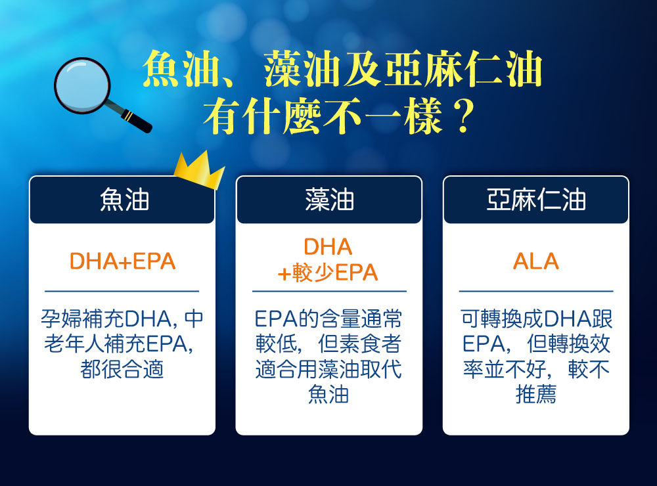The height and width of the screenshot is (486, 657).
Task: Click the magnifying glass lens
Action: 82,85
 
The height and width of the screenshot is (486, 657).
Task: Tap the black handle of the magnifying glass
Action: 136,120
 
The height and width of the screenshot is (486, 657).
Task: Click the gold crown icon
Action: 200,170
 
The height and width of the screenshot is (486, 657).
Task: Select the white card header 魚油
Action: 124,200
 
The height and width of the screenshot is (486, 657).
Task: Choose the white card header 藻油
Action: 329,200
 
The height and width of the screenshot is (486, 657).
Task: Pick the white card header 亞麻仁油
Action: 536,200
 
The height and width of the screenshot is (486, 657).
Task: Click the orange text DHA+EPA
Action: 122,261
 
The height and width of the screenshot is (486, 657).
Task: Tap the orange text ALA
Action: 536,261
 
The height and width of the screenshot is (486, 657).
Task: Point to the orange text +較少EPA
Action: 328,273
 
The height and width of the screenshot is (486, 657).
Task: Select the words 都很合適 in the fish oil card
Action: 122,369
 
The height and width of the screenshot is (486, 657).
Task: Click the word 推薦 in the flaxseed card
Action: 536,394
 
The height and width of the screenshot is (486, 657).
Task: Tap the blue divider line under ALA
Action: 536,291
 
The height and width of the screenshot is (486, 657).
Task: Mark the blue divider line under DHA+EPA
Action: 122,291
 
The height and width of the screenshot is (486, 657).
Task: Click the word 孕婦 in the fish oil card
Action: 61,319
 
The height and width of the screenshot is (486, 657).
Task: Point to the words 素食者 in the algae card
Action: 359,344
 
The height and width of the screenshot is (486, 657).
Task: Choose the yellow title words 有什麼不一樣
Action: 323,115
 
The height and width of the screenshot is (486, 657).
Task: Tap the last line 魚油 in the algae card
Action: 328,394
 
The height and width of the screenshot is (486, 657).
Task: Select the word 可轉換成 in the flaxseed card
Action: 503,319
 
